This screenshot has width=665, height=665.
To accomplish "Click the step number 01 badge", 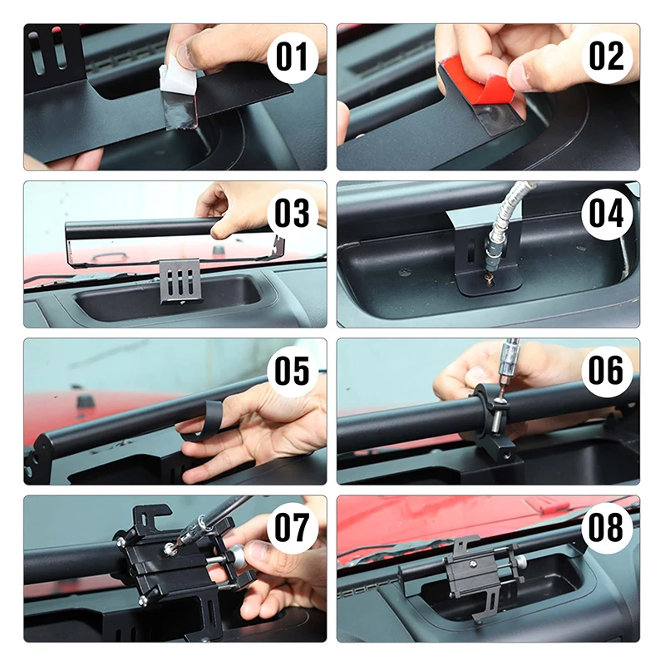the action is pyautogui.click(x=293, y=57).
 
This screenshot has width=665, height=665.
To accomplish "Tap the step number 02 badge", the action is pyautogui.click(x=607, y=57).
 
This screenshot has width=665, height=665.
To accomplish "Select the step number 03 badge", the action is pyautogui.click(x=293, y=214).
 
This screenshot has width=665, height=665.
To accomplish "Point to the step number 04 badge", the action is pyautogui.click(x=607, y=214).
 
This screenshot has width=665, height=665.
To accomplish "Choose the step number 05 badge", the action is pyautogui.click(x=293, y=371).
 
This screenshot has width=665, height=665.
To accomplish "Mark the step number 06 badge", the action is pyautogui.click(x=607, y=370).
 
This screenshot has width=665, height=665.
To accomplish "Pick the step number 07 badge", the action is pyautogui.click(x=293, y=528).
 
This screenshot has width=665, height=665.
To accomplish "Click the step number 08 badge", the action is pyautogui.click(x=607, y=528).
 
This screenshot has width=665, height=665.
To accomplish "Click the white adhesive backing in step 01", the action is pyautogui.click(x=177, y=82).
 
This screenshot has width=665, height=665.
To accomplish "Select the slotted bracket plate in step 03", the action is pyautogui.click(x=180, y=281).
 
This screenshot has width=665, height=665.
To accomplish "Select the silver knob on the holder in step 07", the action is pyautogui.click(x=234, y=554).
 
